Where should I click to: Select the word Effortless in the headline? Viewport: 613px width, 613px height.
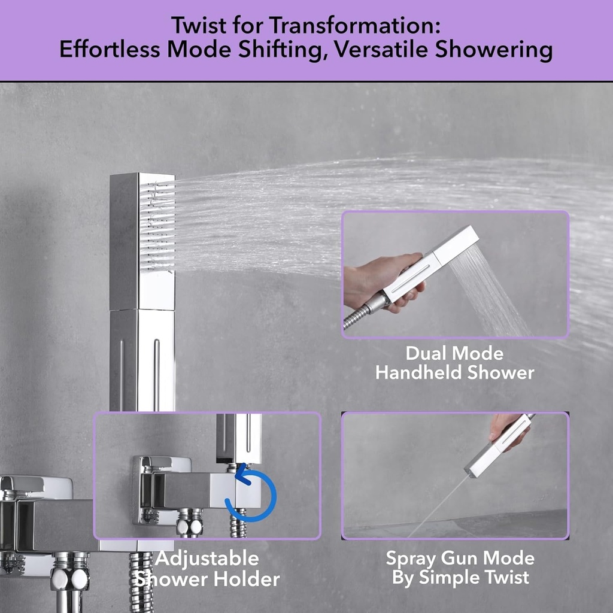click(x=109, y=50)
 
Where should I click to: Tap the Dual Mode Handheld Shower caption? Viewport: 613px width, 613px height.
click(x=454, y=363)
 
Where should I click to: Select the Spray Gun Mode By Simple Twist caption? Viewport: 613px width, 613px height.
click(x=460, y=568)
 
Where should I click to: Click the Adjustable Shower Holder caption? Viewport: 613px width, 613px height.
click(x=207, y=569)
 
